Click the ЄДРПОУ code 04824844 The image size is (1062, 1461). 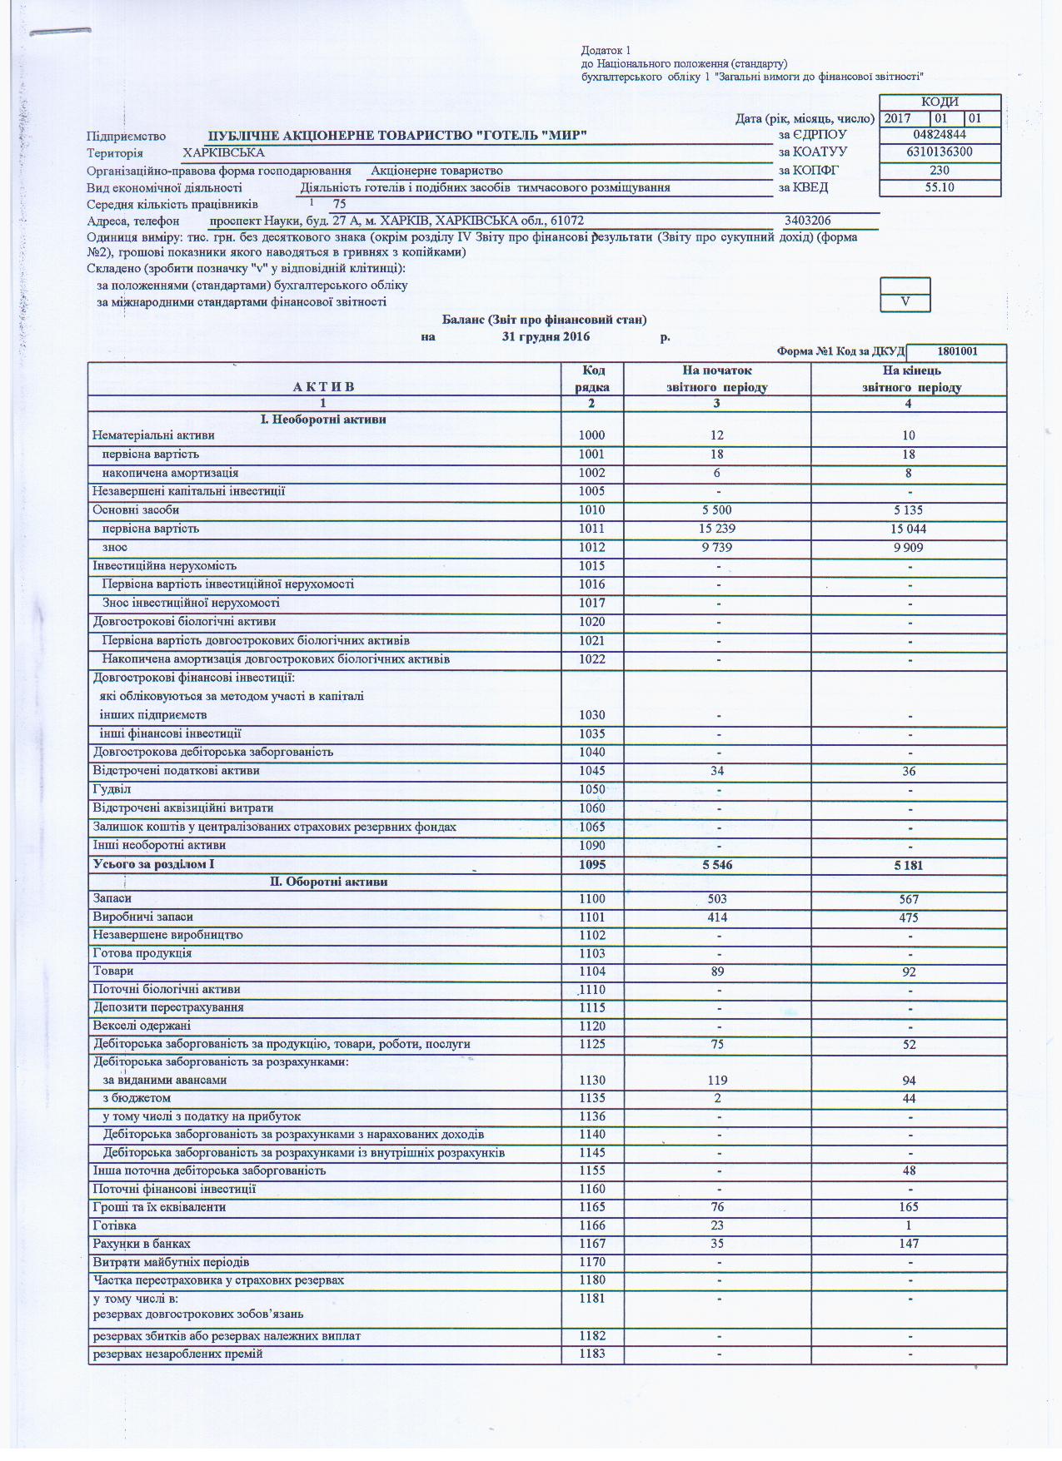[939, 135]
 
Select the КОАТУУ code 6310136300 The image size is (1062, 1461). [939, 152]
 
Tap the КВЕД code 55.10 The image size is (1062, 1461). [939, 187]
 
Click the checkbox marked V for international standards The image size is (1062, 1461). [905, 302]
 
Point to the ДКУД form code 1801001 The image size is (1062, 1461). [956, 351]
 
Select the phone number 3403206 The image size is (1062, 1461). [807, 221]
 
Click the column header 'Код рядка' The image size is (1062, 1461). [592, 379]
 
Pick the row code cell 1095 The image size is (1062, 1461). [592, 865]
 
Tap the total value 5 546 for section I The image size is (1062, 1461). [716, 865]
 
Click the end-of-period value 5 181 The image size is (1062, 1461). [908, 865]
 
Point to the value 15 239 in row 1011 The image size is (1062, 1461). [716, 529]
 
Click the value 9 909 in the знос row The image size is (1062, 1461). [908, 548]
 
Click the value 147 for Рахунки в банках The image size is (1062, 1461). [908, 1244]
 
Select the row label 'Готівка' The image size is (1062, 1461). [114, 1225]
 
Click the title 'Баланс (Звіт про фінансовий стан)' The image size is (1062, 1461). [544, 320]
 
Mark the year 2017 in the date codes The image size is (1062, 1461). [897, 118]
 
